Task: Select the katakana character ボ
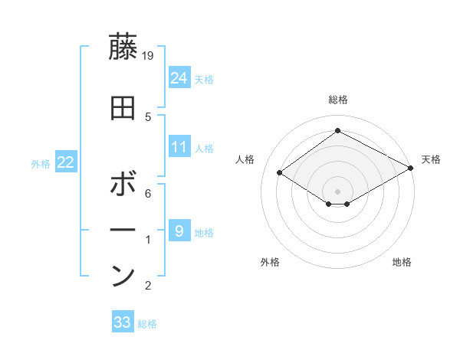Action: pos(123,185)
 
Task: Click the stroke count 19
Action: pos(149,56)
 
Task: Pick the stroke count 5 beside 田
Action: pos(149,116)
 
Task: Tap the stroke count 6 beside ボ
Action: pos(149,194)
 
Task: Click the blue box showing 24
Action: pos(179,77)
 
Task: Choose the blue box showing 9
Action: pos(179,231)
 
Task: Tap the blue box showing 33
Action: pos(122,322)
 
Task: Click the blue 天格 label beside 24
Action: pos(204,79)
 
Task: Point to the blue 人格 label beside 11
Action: pos(204,148)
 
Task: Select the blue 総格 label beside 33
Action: pos(147,324)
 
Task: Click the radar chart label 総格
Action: pos(337,100)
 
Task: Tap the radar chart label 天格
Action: pos(431,159)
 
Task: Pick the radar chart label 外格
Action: pos(270,262)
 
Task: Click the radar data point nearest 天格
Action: pos(411,169)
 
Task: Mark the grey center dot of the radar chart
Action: pos(337,191)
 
